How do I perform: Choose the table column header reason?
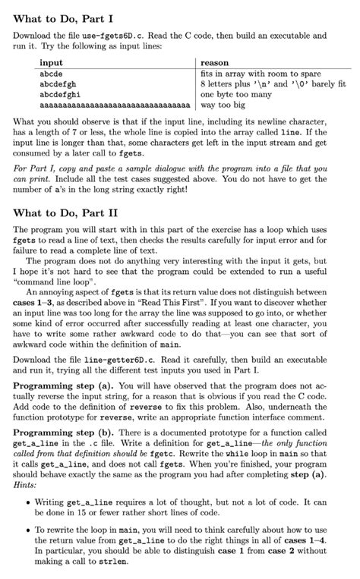(x=215, y=63)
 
